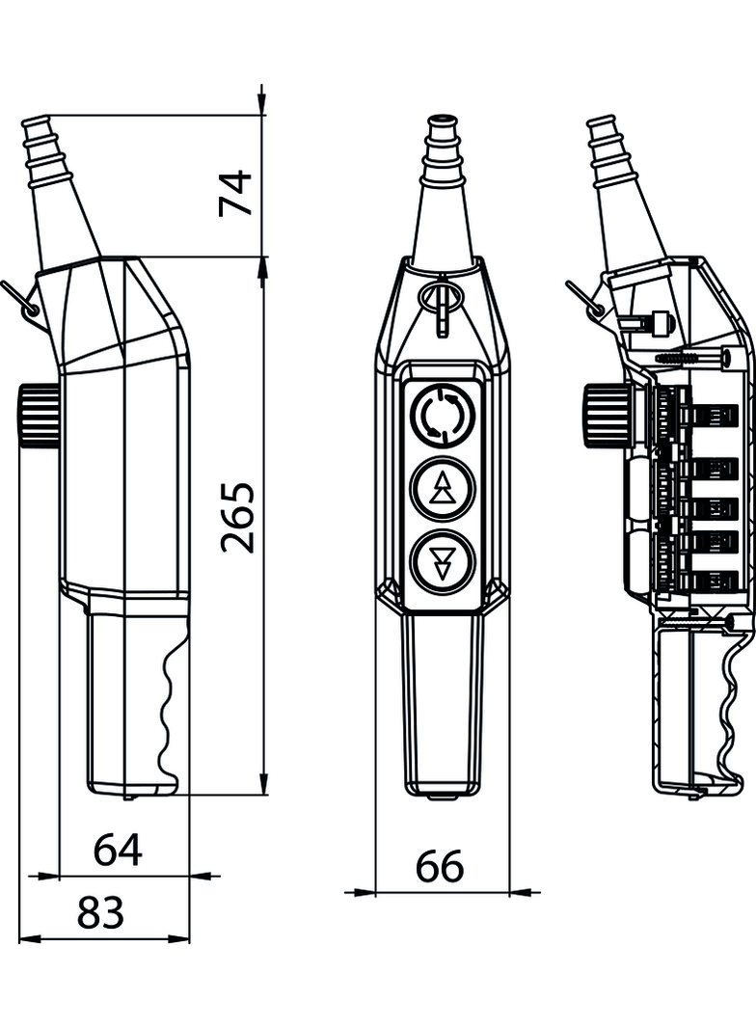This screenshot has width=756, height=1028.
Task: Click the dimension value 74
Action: (234, 192)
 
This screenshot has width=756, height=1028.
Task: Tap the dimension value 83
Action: (101, 911)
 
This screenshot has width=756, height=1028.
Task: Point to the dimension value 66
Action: (440, 867)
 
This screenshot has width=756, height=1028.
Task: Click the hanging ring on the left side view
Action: (27, 302)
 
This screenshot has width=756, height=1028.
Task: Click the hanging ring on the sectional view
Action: (590, 302)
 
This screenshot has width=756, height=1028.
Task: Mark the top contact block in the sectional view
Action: (709, 416)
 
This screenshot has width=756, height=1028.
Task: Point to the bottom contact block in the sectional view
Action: (709, 580)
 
